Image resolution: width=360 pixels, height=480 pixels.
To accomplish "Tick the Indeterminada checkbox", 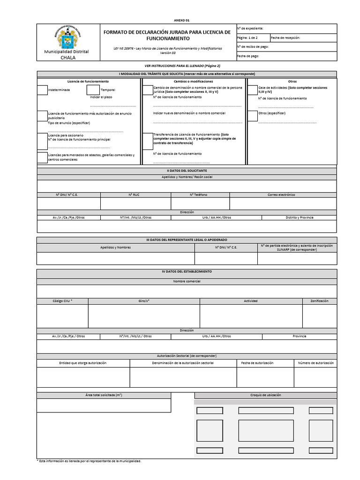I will [42, 90].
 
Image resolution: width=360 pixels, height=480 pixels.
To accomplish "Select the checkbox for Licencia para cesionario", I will [42, 138].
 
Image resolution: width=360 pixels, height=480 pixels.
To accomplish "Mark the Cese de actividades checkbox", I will [252, 90].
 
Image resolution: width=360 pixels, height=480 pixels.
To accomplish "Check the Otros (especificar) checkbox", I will [252, 115].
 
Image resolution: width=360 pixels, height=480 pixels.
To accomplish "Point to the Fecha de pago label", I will [248, 56].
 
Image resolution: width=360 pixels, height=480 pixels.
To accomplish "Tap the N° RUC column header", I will [135, 195].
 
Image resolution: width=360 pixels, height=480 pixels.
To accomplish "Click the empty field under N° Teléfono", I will [200, 203].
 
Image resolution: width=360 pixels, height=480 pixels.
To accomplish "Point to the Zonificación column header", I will [319, 301].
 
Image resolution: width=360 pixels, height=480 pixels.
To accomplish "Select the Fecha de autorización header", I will [265, 363].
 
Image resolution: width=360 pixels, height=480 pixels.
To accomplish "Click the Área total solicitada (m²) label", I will [104, 395].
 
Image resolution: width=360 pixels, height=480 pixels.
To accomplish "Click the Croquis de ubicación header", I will [265, 395].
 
